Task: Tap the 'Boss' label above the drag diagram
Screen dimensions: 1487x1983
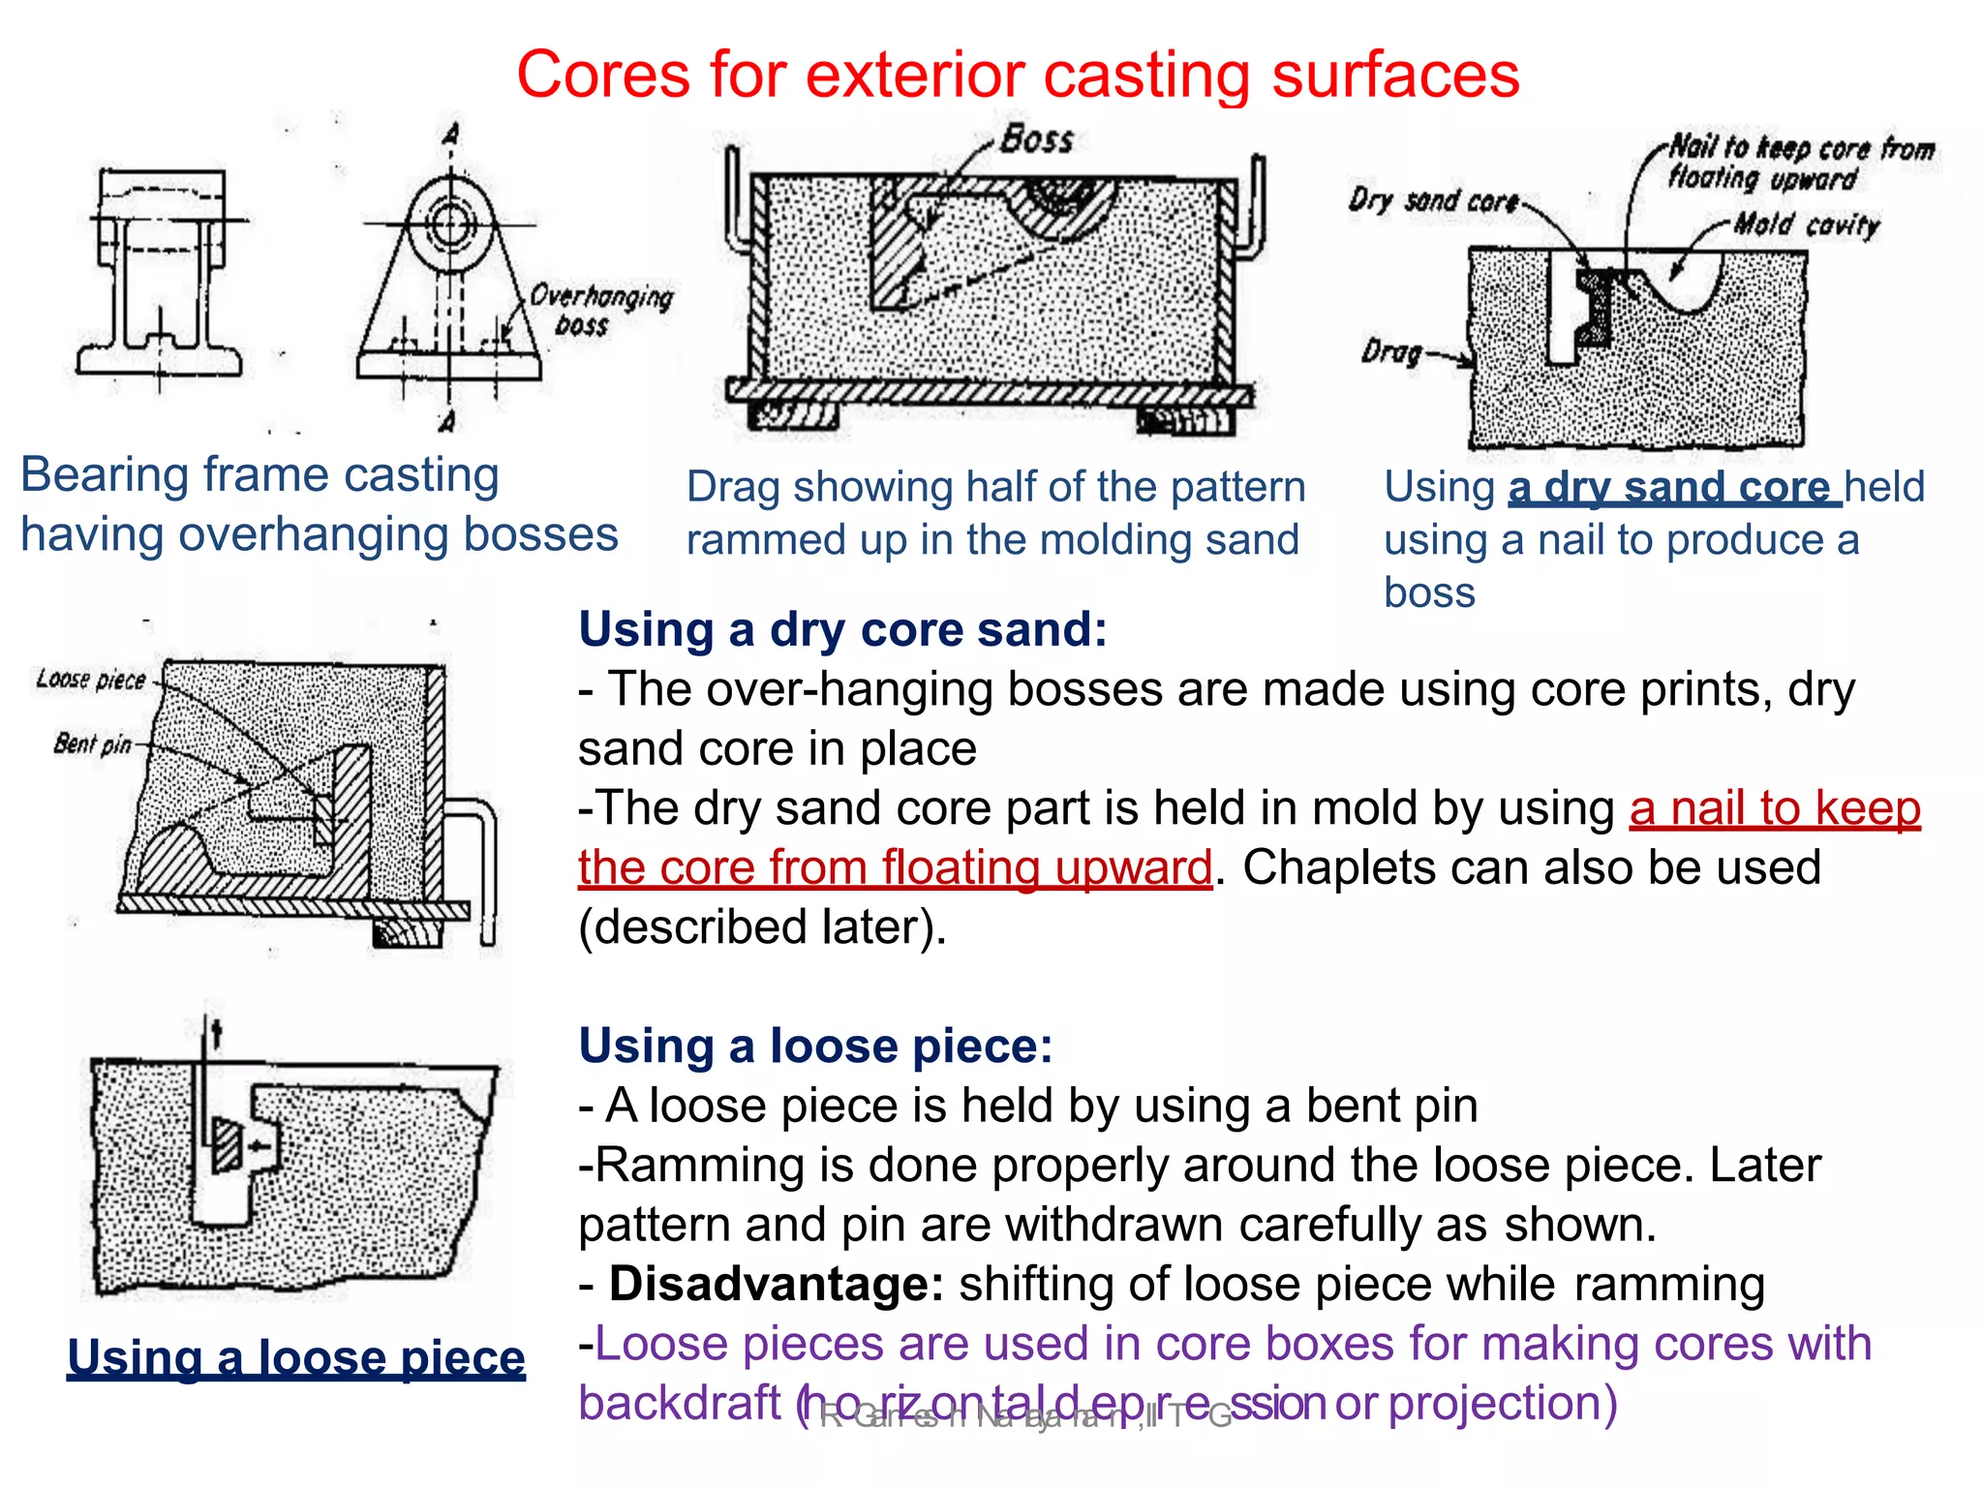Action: click(x=1036, y=140)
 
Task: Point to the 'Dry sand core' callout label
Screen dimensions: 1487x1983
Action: click(x=1433, y=201)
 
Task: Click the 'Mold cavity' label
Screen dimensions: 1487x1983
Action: click(x=1806, y=226)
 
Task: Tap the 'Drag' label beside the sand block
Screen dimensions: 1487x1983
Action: click(x=1391, y=351)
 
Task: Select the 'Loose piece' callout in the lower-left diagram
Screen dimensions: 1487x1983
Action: click(x=90, y=680)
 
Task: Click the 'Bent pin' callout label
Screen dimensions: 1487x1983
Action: click(x=92, y=743)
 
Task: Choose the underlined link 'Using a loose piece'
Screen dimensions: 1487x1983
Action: click(x=296, y=1357)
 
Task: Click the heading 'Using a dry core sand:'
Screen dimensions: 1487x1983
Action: click(x=842, y=629)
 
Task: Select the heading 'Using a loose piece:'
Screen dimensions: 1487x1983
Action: click(x=815, y=1046)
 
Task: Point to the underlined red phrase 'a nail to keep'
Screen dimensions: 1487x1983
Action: click(x=1774, y=808)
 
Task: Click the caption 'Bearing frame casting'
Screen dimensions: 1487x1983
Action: click(x=259, y=475)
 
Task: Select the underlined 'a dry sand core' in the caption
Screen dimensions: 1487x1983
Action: click(x=1673, y=487)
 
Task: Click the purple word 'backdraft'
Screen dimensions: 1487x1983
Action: click(x=679, y=1403)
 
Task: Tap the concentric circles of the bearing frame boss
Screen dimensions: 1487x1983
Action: click(x=449, y=225)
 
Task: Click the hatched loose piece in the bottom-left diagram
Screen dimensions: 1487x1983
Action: click(x=227, y=1145)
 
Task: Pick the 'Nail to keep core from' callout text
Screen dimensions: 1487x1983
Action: click(x=1801, y=148)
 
